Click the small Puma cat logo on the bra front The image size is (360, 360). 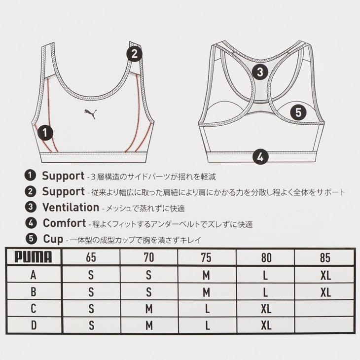click(x=91, y=112)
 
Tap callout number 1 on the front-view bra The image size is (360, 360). click(x=45, y=132)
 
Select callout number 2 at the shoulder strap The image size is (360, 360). click(x=135, y=54)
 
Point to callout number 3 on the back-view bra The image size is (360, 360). click(x=260, y=72)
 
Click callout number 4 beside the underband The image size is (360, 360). click(x=261, y=157)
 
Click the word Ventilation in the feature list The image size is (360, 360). click(x=71, y=207)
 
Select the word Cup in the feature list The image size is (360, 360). click(x=53, y=240)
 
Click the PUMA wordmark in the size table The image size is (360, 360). click(x=33, y=257)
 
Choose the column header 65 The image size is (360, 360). click(x=91, y=258)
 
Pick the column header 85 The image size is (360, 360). click(x=325, y=258)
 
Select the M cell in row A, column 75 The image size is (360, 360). click(x=207, y=275)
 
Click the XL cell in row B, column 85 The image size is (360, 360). click(x=325, y=292)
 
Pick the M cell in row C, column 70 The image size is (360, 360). click(x=149, y=309)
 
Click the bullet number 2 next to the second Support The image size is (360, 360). click(x=31, y=191)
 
